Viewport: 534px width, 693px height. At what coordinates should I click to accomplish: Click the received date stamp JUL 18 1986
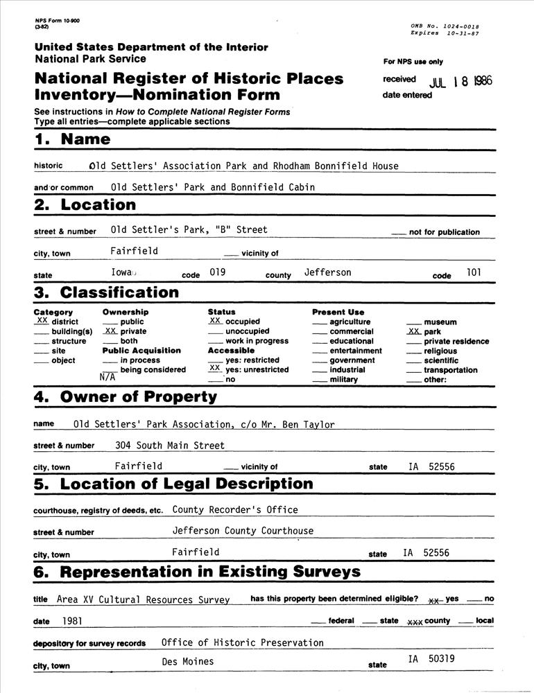460,81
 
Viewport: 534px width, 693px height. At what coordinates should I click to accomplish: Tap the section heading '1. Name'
72,139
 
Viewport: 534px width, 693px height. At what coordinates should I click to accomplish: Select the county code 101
474,272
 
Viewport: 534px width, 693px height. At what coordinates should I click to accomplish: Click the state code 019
218,272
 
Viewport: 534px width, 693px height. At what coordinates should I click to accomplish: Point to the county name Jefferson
327,272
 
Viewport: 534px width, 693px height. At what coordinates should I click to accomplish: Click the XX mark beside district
42,321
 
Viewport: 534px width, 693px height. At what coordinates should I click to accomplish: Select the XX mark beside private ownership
110,331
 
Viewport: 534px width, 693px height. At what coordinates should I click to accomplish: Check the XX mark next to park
413,331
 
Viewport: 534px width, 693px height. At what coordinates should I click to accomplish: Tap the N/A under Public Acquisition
107,378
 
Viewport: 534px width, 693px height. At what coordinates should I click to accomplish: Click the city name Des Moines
188,661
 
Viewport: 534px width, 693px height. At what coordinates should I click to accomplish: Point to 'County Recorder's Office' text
235,509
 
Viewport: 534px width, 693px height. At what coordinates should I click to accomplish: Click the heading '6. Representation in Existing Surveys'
197,572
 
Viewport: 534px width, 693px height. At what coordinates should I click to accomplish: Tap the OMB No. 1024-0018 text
445,26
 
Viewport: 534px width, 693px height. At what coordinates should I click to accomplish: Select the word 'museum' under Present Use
440,322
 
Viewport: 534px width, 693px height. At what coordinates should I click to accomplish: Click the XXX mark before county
415,622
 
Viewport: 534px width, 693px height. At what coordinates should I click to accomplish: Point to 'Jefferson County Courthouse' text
243,531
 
